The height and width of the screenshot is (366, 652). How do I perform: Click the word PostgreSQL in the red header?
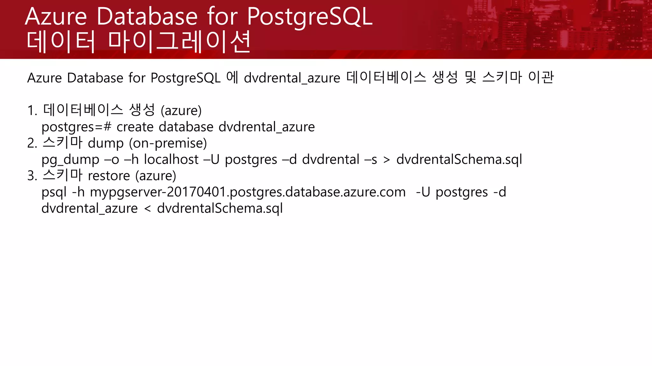tap(309, 17)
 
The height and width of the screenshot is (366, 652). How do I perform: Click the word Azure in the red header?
tap(56, 17)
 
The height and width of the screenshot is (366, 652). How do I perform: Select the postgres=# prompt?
tap(76, 127)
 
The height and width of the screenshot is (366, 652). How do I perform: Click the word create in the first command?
tap(135, 127)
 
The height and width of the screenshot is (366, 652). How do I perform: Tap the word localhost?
tap(171, 159)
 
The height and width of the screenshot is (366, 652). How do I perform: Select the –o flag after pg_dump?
tap(112, 160)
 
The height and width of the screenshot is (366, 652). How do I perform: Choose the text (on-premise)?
tap(168, 143)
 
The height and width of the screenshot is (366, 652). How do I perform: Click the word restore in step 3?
tap(109, 176)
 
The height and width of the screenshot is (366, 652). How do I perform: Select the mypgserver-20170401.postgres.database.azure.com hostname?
tap(248, 193)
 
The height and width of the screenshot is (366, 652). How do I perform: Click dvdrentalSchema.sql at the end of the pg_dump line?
tap(459, 160)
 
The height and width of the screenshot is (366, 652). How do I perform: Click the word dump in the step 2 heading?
tap(106, 143)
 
